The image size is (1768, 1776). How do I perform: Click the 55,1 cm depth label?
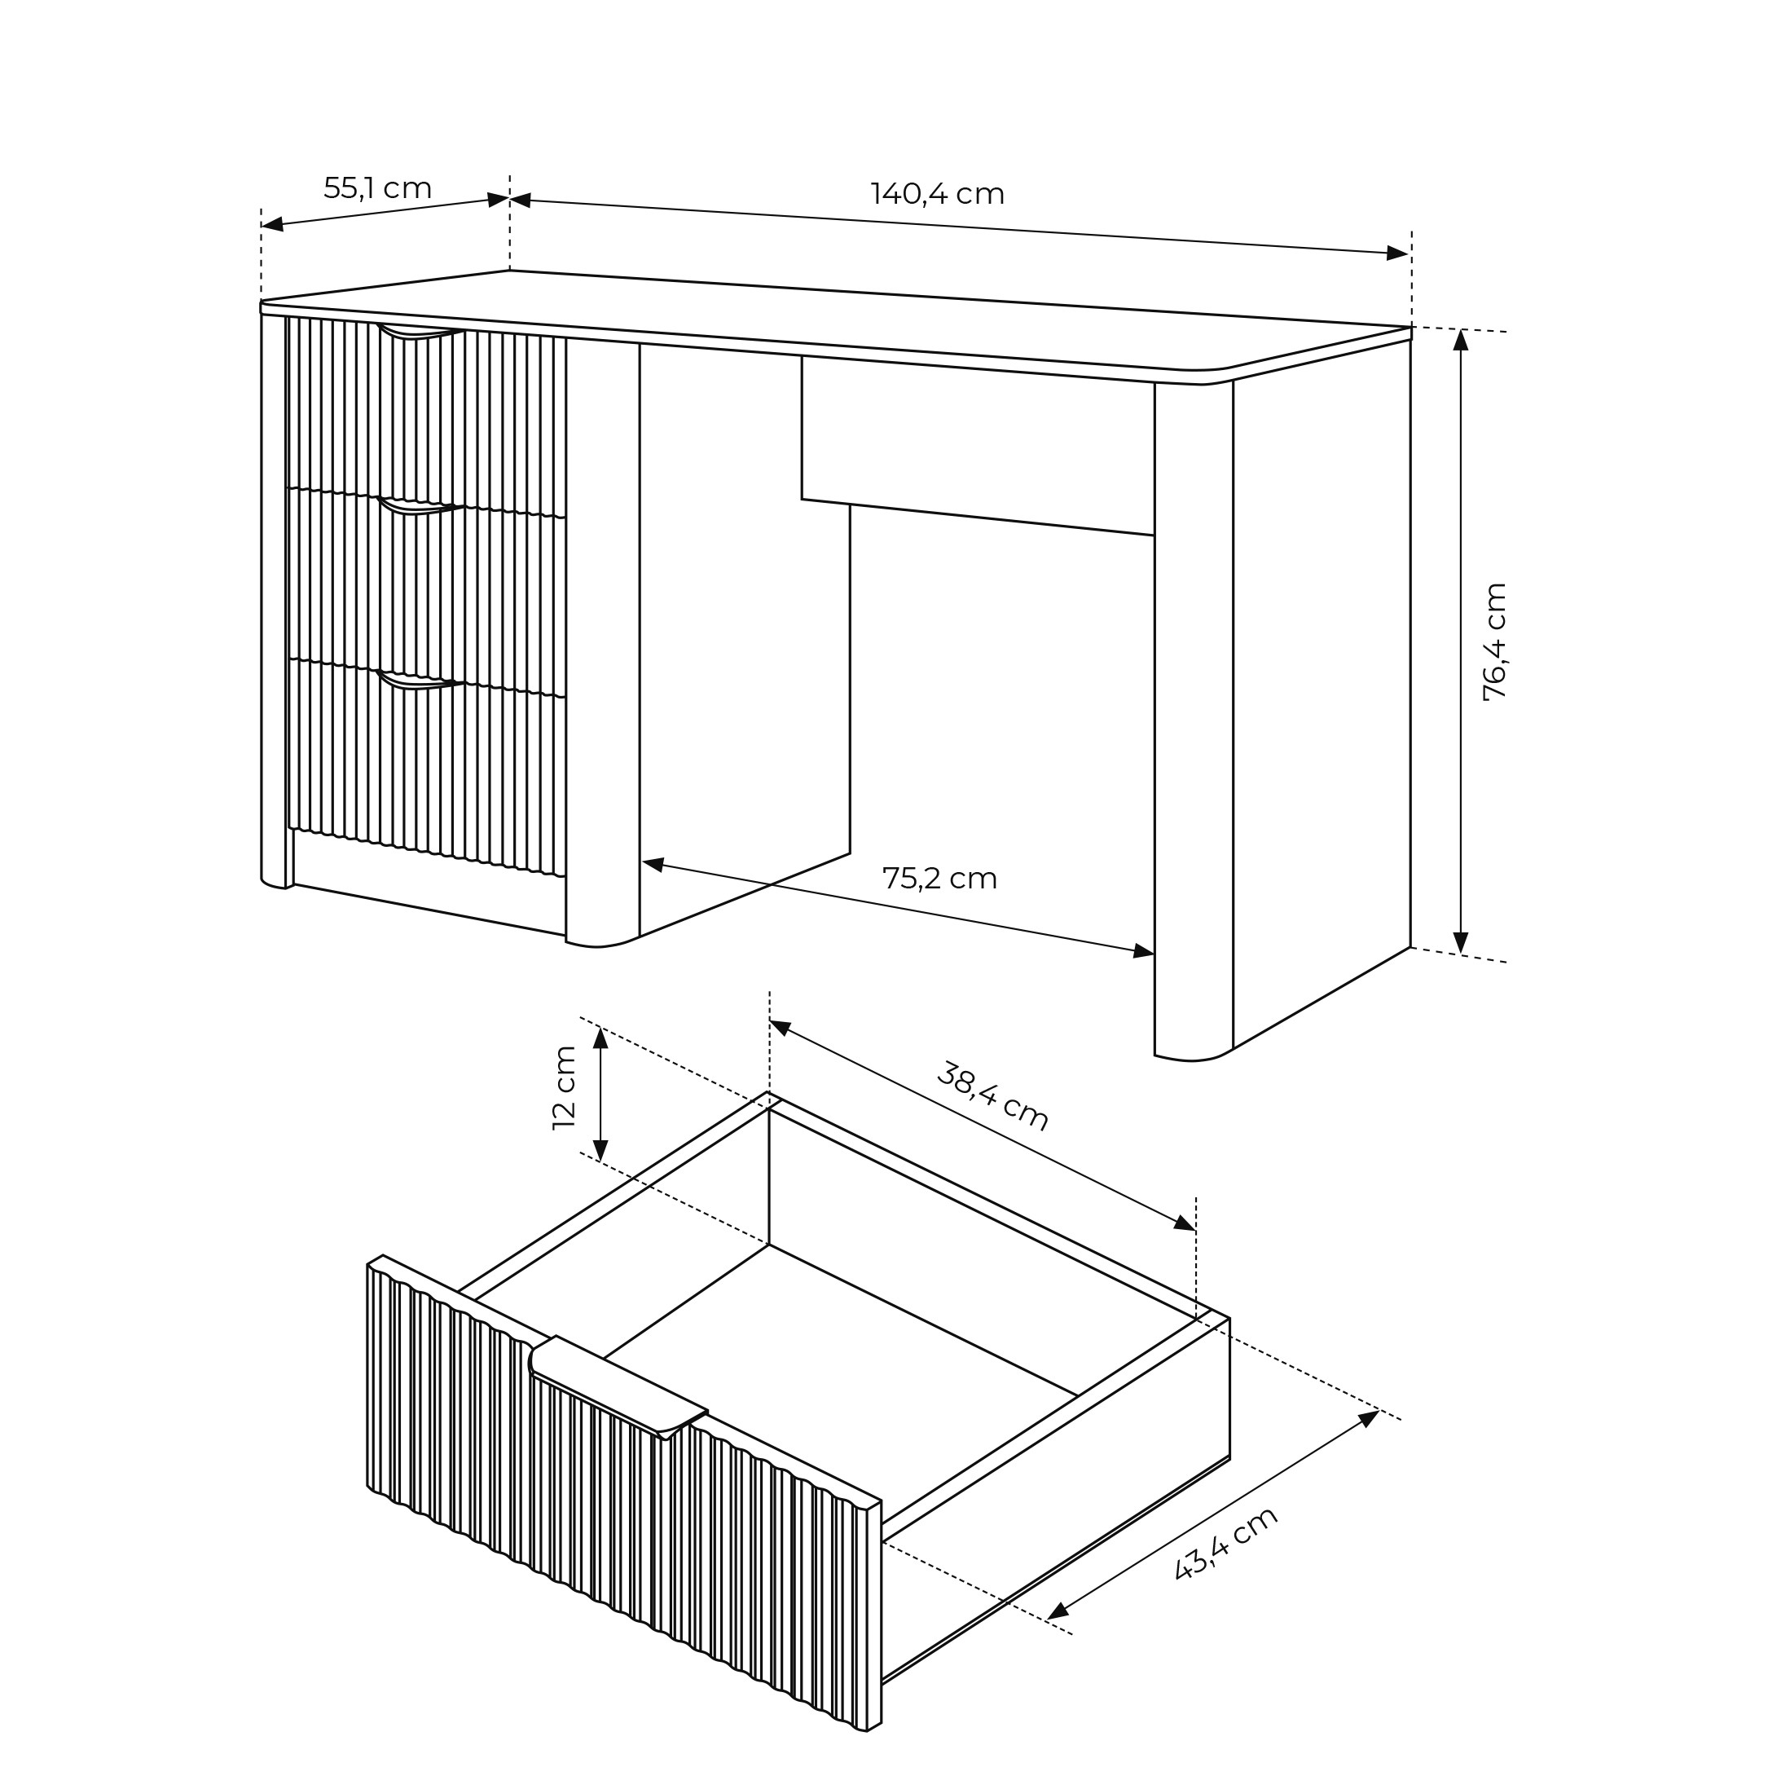[378, 188]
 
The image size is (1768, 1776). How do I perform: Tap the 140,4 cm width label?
[937, 194]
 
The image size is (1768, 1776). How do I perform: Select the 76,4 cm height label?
[1495, 641]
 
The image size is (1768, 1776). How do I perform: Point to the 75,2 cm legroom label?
[939, 879]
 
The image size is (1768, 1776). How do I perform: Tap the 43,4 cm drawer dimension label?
[1226, 1544]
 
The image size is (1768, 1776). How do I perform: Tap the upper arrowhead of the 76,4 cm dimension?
[1461, 339]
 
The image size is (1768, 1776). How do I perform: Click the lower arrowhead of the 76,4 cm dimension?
[1461, 942]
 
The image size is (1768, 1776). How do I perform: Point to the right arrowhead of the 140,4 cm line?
[1397, 253]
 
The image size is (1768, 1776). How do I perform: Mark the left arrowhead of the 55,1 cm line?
[273, 223]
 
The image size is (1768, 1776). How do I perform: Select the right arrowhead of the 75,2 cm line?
[1143, 950]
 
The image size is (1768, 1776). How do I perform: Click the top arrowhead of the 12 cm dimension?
[600, 1038]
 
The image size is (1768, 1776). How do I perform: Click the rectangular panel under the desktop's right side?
[978, 445]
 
